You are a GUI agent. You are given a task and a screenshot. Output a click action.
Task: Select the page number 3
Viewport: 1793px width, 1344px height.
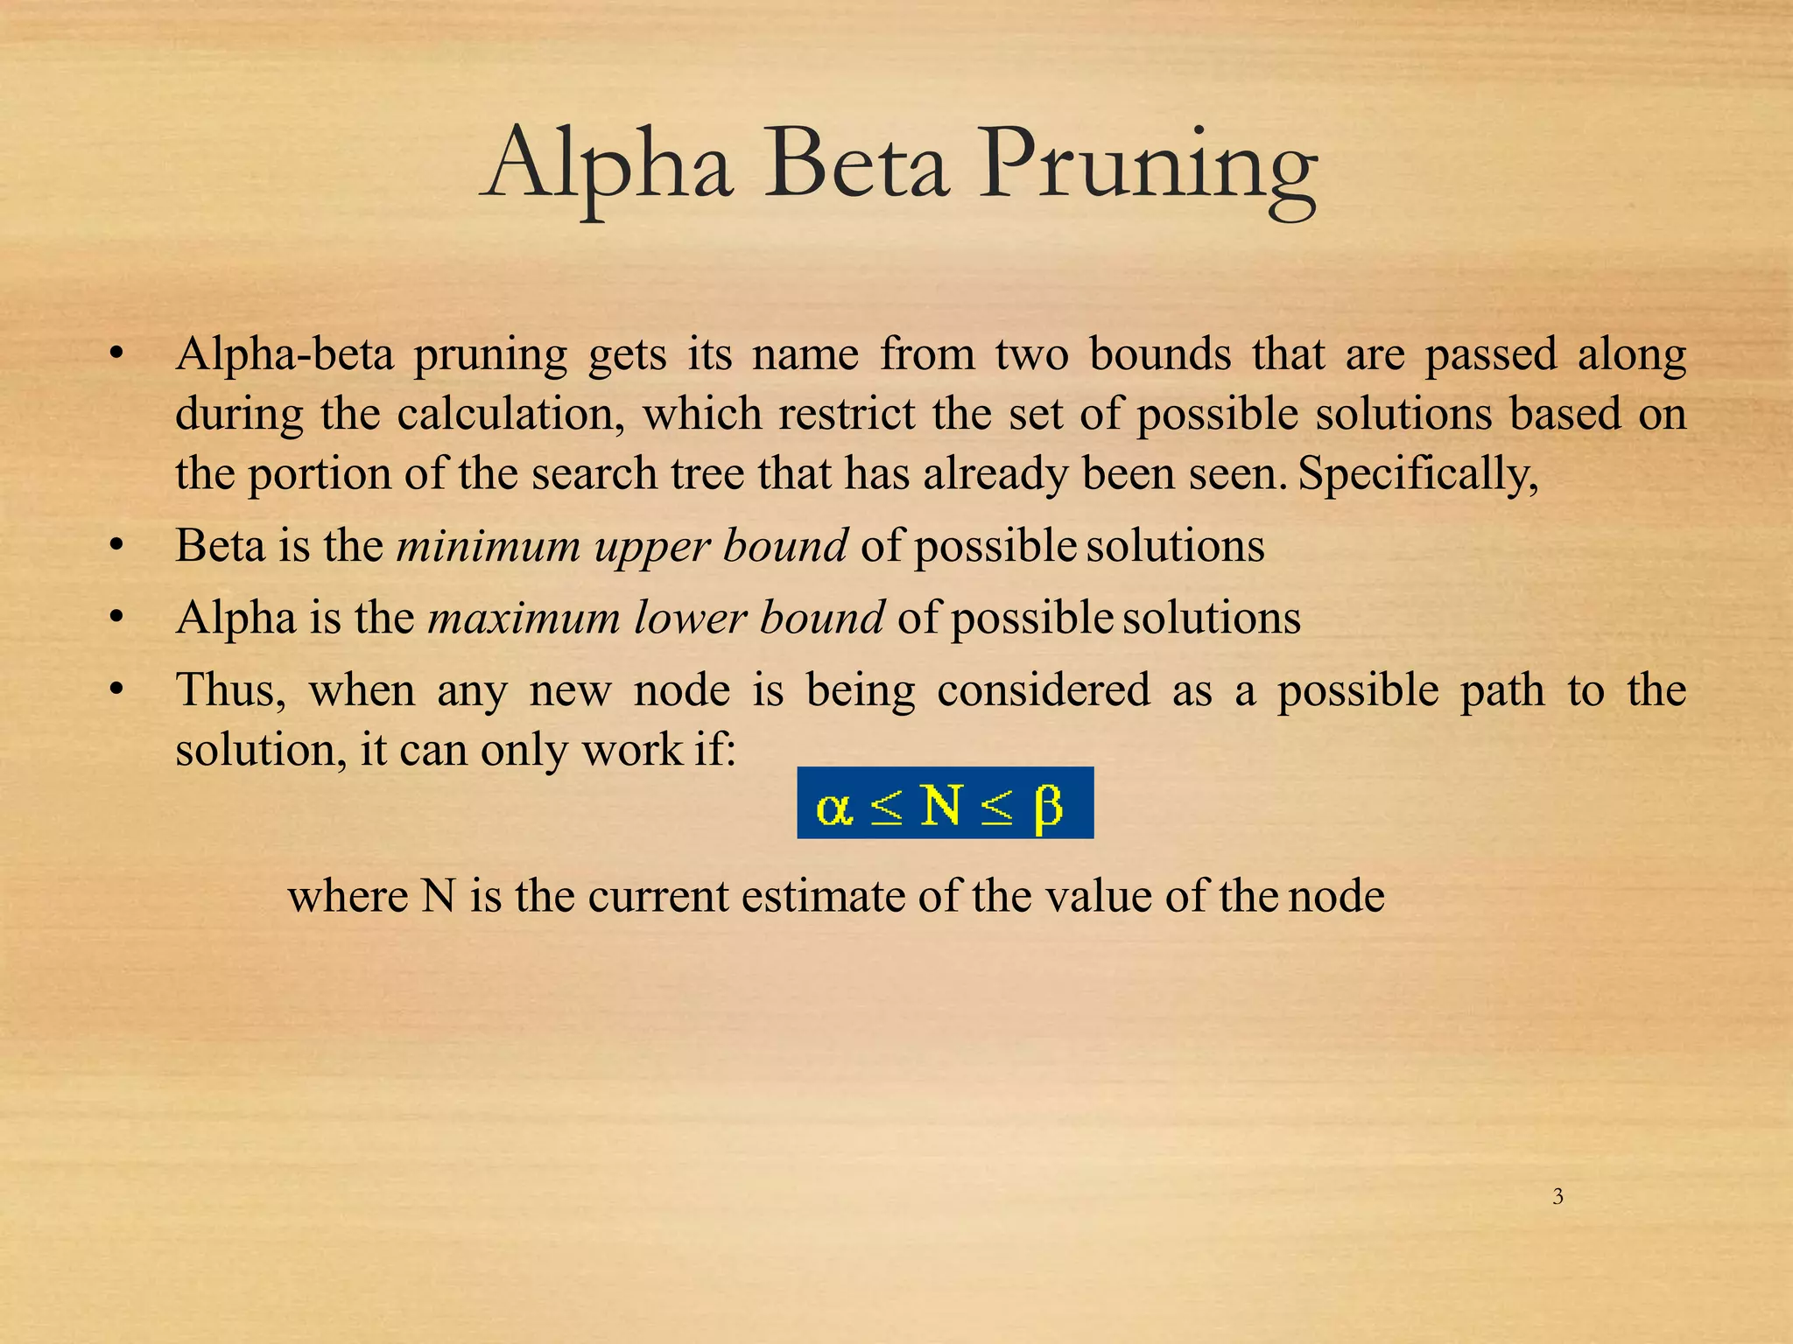(1557, 1197)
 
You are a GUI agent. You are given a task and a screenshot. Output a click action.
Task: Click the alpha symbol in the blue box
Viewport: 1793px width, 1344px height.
(833, 807)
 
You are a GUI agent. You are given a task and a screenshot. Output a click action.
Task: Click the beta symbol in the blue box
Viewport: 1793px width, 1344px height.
(1048, 807)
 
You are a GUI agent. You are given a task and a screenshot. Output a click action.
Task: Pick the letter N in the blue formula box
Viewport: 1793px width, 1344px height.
(941, 805)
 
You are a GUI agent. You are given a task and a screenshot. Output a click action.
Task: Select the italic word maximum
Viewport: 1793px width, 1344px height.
(524, 618)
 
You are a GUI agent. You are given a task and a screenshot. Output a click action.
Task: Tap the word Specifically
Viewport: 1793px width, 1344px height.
(1417, 474)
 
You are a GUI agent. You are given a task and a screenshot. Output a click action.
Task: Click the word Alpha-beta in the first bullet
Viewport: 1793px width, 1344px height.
(284, 355)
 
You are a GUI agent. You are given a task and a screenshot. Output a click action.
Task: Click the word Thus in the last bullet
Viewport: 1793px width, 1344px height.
(230, 690)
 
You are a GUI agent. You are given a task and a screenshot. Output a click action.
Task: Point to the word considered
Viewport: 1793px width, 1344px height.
(1043, 690)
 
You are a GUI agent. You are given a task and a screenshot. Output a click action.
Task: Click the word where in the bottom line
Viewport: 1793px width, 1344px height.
(348, 896)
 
